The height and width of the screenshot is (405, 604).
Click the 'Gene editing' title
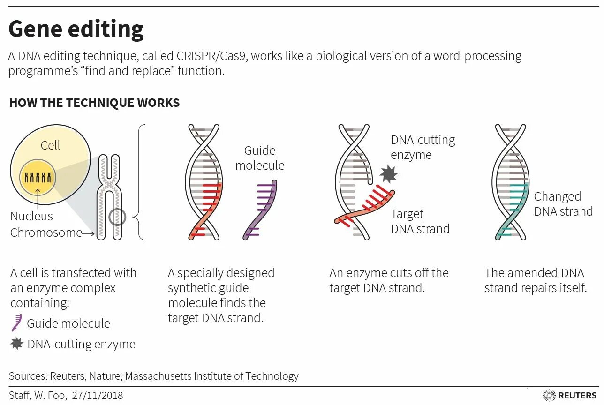pos(76,29)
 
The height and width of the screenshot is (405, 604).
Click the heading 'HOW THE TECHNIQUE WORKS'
pos(94,103)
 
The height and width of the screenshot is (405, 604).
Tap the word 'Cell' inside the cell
pos(50,145)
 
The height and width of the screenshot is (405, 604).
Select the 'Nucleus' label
pos(31,216)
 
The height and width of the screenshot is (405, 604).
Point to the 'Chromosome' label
pos(46,232)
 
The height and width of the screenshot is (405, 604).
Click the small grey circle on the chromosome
pos(117,217)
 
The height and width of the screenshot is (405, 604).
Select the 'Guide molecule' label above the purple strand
pos(260,158)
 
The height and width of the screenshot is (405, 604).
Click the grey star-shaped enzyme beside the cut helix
pos(388,174)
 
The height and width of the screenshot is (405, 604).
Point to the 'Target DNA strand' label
pos(420,221)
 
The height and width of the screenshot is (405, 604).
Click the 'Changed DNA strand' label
pos(563,204)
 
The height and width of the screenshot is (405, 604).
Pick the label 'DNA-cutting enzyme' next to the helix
pos(423,147)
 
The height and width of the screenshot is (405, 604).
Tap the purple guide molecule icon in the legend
pos(17,323)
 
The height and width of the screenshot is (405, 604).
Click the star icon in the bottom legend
pos(17,344)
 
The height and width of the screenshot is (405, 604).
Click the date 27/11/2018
pos(98,396)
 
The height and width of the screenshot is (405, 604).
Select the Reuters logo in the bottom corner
pos(570,395)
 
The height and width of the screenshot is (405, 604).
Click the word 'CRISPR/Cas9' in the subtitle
pos(212,56)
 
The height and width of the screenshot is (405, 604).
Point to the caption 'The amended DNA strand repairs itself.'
pos(535,280)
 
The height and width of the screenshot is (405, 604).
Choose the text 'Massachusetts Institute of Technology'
pos(211,376)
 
